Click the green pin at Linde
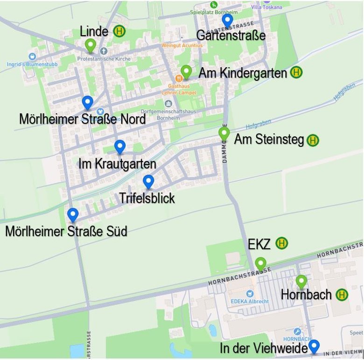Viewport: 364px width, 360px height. [91, 45]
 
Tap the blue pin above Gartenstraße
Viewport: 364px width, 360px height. [227, 20]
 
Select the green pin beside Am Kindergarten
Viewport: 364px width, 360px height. [186, 71]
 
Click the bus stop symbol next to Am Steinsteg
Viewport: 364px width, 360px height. [313, 140]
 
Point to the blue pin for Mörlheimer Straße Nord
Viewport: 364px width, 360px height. [87, 102]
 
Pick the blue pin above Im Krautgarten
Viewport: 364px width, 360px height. [120, 147]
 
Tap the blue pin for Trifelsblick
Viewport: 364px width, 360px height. [148, 182]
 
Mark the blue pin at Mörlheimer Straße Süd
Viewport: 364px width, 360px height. [72, 215]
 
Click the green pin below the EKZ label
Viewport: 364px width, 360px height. [260, 264]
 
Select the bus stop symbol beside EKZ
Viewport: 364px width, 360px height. [281, 243]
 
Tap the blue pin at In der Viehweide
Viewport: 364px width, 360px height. [314, 346]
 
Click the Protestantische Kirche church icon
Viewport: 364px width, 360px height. [104, 50]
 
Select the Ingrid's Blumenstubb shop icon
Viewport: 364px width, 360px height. [32, 56]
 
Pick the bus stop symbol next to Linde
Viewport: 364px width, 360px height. [120, 31]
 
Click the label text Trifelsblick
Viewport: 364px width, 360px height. [147, 198]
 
